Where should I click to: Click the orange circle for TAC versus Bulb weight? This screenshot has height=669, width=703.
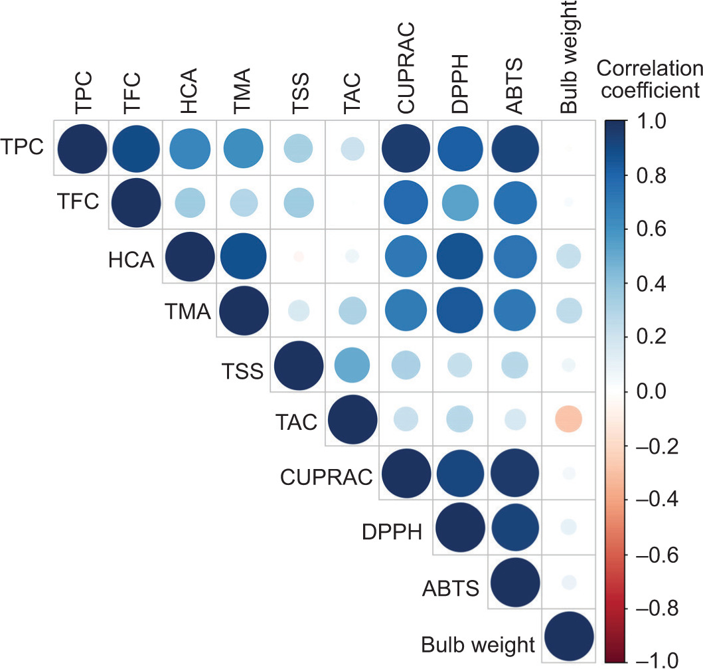click(x=568, y=419)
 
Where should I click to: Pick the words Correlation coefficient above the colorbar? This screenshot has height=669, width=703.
click(x=649, y=78)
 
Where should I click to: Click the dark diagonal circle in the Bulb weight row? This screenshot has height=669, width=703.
click(x=568, y=636)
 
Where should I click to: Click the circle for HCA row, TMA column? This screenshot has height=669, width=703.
click(x=243, y=257)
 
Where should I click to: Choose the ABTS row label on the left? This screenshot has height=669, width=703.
click(x=450, y=589)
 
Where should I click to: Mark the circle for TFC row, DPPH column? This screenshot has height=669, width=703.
click(x=459, y=202)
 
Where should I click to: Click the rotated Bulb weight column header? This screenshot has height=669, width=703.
click(x=568, y=58)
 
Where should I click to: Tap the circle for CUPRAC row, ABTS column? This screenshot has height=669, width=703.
click(x=514, y=474)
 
